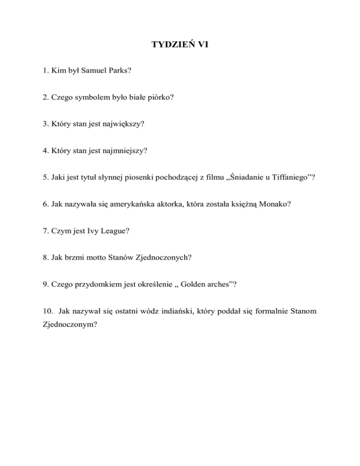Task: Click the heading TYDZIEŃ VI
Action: point(180,45)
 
